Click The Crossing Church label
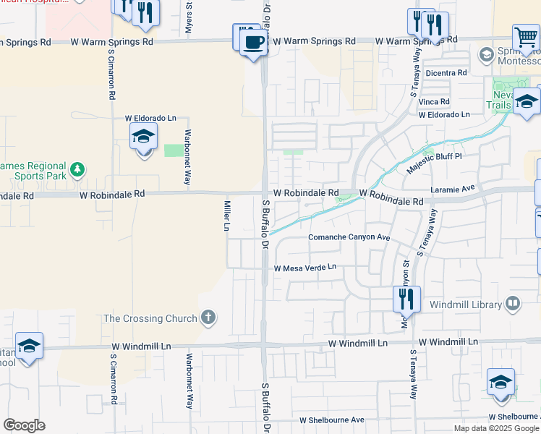pos(150,318)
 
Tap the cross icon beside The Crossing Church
pos(208,318)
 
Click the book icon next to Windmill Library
pos(513,302)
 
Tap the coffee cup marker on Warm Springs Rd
pos(252,41)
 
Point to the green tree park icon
pos(76,171)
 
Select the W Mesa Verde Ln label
pos(305,268)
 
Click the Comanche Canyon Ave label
pos(349,238)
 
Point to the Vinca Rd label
pos(434,102)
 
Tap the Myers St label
pos(189,19)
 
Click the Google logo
pos(24,425)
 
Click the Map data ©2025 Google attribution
pos(495,428)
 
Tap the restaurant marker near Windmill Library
pos(406,297)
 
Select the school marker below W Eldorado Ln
pos(143,137)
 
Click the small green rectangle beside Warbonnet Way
pos(173,150)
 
